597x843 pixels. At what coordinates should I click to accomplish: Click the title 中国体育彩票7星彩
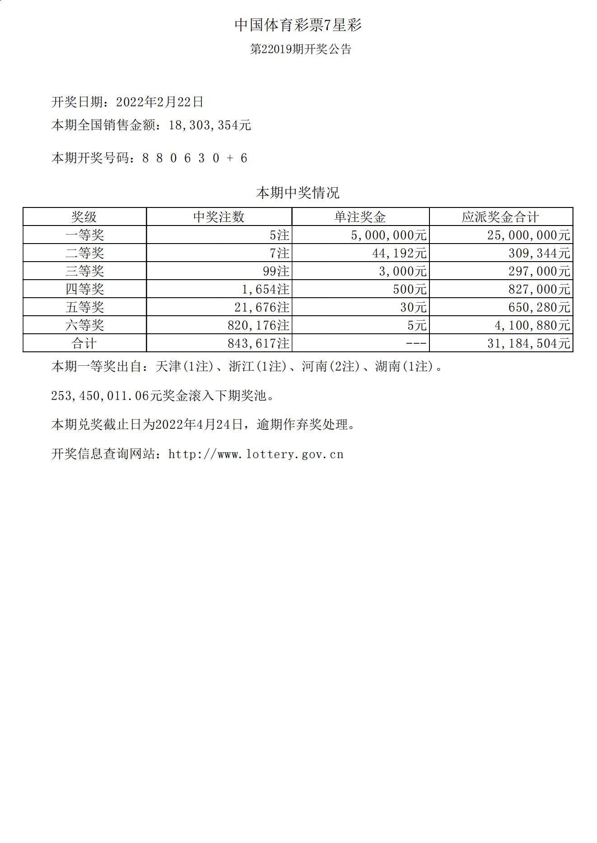point(298,25)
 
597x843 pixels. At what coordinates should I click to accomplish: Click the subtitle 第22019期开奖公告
point(301,49)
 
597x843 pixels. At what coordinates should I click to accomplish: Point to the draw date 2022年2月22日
point(160,102)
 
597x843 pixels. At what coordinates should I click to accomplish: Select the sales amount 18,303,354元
point(210,125)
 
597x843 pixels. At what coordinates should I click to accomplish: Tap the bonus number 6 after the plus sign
point(244,158)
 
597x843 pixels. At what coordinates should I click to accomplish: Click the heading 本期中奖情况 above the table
point(298,193)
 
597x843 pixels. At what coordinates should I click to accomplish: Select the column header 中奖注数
point(219,217)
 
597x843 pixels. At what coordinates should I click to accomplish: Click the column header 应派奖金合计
point(500,217)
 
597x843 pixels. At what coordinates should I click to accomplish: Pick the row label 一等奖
point(84,235)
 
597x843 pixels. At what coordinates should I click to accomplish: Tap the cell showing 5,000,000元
point(389,235)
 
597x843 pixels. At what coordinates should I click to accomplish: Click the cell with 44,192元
point(399,253)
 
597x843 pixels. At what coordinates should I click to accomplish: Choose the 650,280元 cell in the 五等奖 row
point(539,307)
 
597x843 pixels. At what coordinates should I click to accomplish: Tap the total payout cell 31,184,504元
point(529,343)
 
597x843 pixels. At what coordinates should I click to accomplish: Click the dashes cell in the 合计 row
point(416,343)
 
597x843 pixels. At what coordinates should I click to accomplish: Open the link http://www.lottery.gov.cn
point(256,454)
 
